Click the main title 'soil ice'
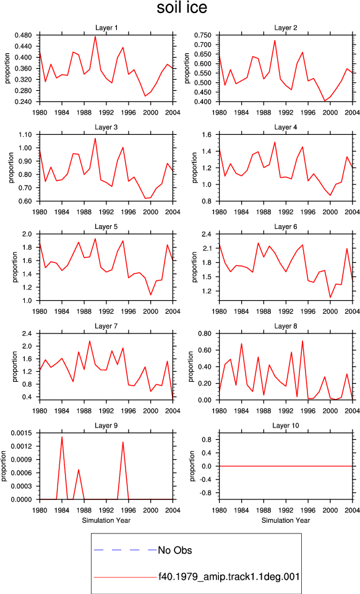coord(182,8)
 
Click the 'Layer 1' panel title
coord(106,28)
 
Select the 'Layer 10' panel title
coord(285,426)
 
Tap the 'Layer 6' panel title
coord(285,227)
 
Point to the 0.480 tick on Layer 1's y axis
coord(23,35)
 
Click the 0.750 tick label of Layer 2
coord(202,35)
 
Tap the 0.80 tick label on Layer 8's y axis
coord(204,334)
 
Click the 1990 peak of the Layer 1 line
coord(95,37)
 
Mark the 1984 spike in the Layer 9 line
coord(62,437)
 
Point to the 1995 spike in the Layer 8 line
coord(302,340)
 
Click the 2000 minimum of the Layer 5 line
coord(151,295)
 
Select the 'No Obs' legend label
coord(175,551)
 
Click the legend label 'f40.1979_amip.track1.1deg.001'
coord(229,577)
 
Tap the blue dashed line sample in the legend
coord(126,550)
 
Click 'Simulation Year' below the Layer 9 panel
coord(106,520)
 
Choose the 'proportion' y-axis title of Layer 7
coord(15,367)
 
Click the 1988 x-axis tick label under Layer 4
coord(264,212)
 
